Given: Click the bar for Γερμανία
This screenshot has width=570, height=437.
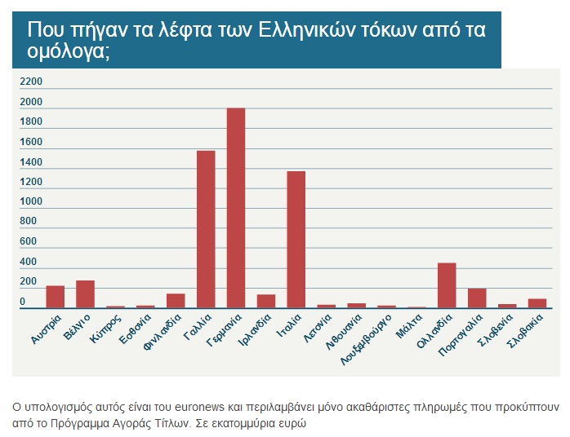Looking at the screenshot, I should click(x=235, y=208).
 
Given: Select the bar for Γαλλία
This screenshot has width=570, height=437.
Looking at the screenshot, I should click(x=206, y=229).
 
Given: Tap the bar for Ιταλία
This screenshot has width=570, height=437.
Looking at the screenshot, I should click(x=296, y=240).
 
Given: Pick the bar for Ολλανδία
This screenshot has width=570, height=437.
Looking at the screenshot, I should click(x=447, y=285).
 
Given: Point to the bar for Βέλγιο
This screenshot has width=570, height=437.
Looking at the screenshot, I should click(x=85, y=294).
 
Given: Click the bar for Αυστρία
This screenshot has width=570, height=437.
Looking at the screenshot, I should click(x=56, y=297).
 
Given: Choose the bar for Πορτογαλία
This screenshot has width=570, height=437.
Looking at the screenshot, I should click(x=477, y=298).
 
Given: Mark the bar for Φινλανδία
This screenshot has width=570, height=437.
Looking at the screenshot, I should click(x=176, y=301).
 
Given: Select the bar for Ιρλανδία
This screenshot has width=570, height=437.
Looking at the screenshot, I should click(x=266, y=301).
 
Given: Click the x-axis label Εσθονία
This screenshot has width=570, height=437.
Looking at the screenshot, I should click(x=135, y=330).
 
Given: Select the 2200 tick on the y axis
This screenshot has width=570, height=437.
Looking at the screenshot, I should click(x=31, y=82).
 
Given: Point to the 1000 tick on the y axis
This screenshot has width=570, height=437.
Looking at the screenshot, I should click(x=31, y=201).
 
